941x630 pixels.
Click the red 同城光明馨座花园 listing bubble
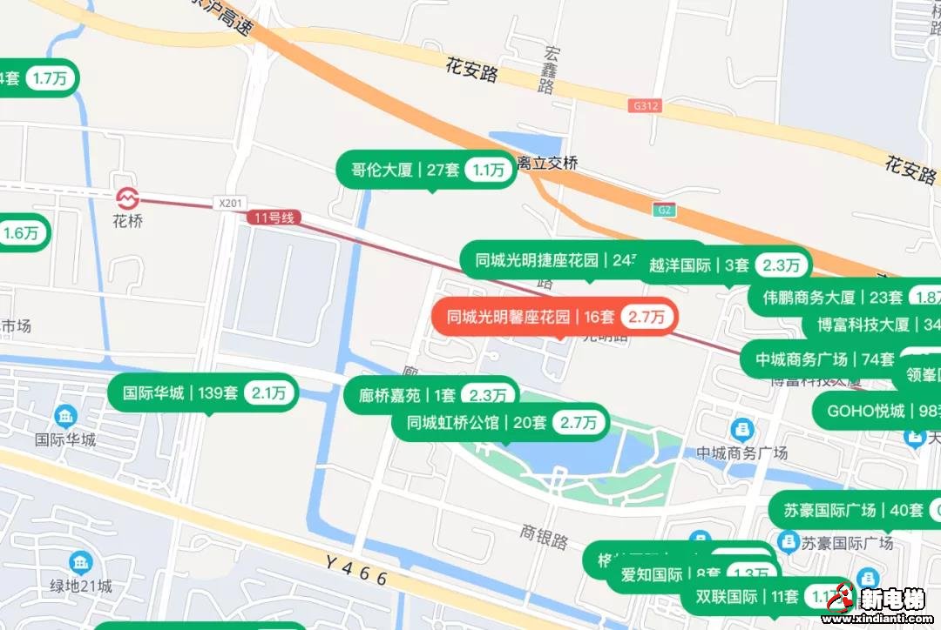point(554,317)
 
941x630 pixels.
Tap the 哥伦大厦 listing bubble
point(427,170)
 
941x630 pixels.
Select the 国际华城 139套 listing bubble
point(203,393)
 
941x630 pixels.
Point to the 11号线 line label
point(274,218)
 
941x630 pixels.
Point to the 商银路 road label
point(545,536)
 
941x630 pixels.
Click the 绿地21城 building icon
point(81,562)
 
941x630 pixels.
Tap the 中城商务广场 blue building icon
point(741,429)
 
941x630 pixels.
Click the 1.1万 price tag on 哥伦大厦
point(489,171)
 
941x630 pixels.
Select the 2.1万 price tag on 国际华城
point(269,393)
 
